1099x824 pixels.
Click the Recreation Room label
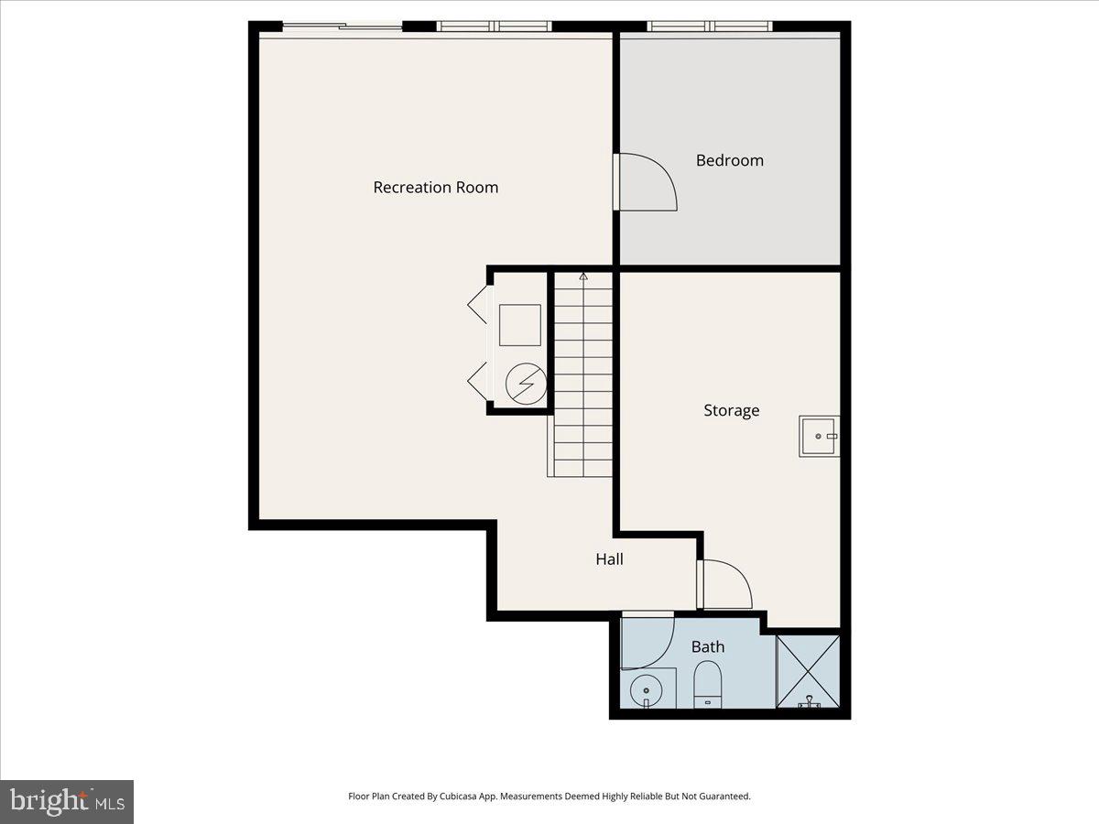[436, 188]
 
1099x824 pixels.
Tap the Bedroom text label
[729, 160]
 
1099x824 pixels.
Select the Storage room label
[731, 410]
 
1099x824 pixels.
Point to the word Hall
[609, 558]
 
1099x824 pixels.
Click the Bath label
[708, 646]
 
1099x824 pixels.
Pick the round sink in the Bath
[647, 688]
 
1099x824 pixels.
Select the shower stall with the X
[808, 671]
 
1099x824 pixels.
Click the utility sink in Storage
[819, 436]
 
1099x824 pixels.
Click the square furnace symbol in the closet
[519, 324]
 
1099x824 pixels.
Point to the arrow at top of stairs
[583, 276]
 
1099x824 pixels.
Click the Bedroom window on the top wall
[710, 27]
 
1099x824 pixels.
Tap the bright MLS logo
[67, 802]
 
